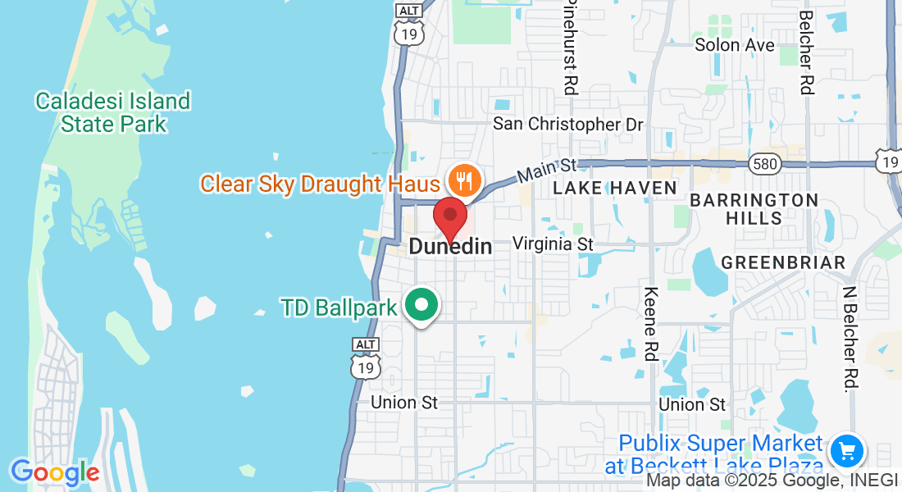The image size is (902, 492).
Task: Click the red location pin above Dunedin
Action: (449, 217)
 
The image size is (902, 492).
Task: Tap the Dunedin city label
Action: (450, 246)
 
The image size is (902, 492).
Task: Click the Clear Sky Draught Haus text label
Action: (320, 183)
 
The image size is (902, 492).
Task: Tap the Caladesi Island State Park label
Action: (113, 112)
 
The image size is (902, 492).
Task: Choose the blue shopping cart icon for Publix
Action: (846, 450)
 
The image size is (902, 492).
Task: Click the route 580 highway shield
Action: (763, 165)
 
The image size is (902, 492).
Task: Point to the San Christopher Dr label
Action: (568, 124)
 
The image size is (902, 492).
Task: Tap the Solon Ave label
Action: (735, 45)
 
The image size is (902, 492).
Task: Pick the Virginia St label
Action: (553, 244)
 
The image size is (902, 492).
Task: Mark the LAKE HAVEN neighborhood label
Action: (615, 188)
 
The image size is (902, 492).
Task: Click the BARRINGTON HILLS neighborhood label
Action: (754, 209)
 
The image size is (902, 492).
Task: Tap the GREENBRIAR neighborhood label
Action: (783, 262)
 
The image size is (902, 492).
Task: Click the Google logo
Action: (55, 472)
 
